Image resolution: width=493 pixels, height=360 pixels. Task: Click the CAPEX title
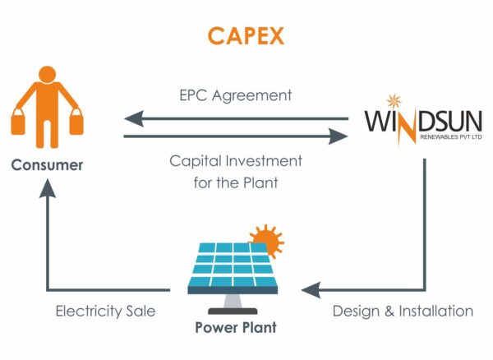(x=246, y=36)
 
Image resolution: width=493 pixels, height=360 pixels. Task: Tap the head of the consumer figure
(x=48, y=75)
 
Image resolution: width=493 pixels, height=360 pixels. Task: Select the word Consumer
(x=47, y=165)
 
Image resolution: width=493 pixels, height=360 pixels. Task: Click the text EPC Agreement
(x=236, y=95)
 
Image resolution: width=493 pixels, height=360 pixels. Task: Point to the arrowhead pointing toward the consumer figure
(x=134, y=119)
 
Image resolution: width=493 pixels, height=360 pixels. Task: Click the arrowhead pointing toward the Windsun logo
(x=338, y=136)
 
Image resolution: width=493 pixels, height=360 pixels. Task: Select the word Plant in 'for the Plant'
(x=261, y=182)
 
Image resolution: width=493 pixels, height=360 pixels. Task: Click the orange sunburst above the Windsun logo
(x=394, y=102)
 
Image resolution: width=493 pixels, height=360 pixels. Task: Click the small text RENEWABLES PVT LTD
(x=451, y=136)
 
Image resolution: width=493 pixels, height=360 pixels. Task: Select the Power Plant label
(x=236, y=328)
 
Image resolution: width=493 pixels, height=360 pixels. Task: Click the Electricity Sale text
(x=106, y=312)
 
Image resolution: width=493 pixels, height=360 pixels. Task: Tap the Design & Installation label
(x=403, y=312)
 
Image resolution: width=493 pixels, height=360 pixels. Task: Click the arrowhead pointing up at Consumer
(x=48, y=188)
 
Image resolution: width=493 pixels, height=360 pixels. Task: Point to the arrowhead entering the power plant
(x=311, y=289)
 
